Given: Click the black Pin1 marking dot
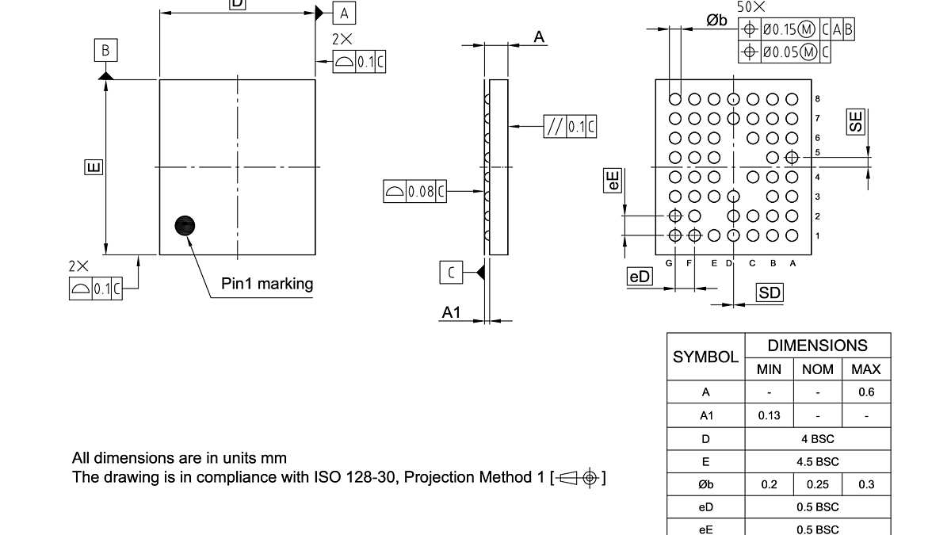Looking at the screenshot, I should (185, 227).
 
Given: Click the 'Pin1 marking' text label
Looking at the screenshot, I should (267, 284).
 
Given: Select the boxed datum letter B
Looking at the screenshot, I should (105, 52).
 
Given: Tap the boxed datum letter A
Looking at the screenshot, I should (343, 13).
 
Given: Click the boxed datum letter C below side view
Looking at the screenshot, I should (451, 273).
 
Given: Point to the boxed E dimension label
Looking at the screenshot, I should (93, 167).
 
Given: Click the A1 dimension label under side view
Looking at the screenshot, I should (451, 313).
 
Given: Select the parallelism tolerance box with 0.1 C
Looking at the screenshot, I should (569, 126).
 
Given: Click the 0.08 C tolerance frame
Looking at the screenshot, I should (414, 191).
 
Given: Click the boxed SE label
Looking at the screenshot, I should (855, 121).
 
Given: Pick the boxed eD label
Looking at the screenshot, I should (639, 277).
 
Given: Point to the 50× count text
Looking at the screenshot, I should (751, 6).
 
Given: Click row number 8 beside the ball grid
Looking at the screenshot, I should (817, 99).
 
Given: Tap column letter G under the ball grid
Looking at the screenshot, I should (670, 263).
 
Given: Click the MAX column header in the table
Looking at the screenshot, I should (866, 369).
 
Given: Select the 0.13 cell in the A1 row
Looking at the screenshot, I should (769, 415).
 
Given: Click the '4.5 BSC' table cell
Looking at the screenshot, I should (818, 461).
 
